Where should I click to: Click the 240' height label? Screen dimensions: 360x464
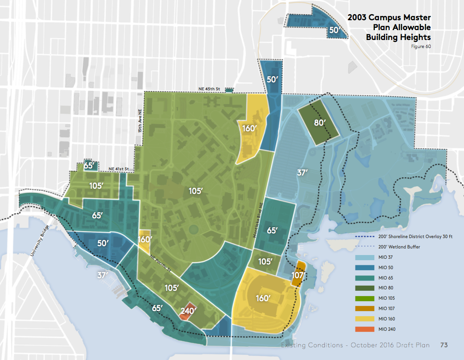coord(188,311)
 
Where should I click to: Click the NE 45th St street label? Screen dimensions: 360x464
coord(209,89)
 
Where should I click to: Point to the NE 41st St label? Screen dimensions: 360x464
coord(118,169)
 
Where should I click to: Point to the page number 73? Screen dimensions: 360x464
coord(443,345)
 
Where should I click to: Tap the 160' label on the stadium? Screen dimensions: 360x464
coord(263,298)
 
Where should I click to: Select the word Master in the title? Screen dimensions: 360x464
coord(417,17)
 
